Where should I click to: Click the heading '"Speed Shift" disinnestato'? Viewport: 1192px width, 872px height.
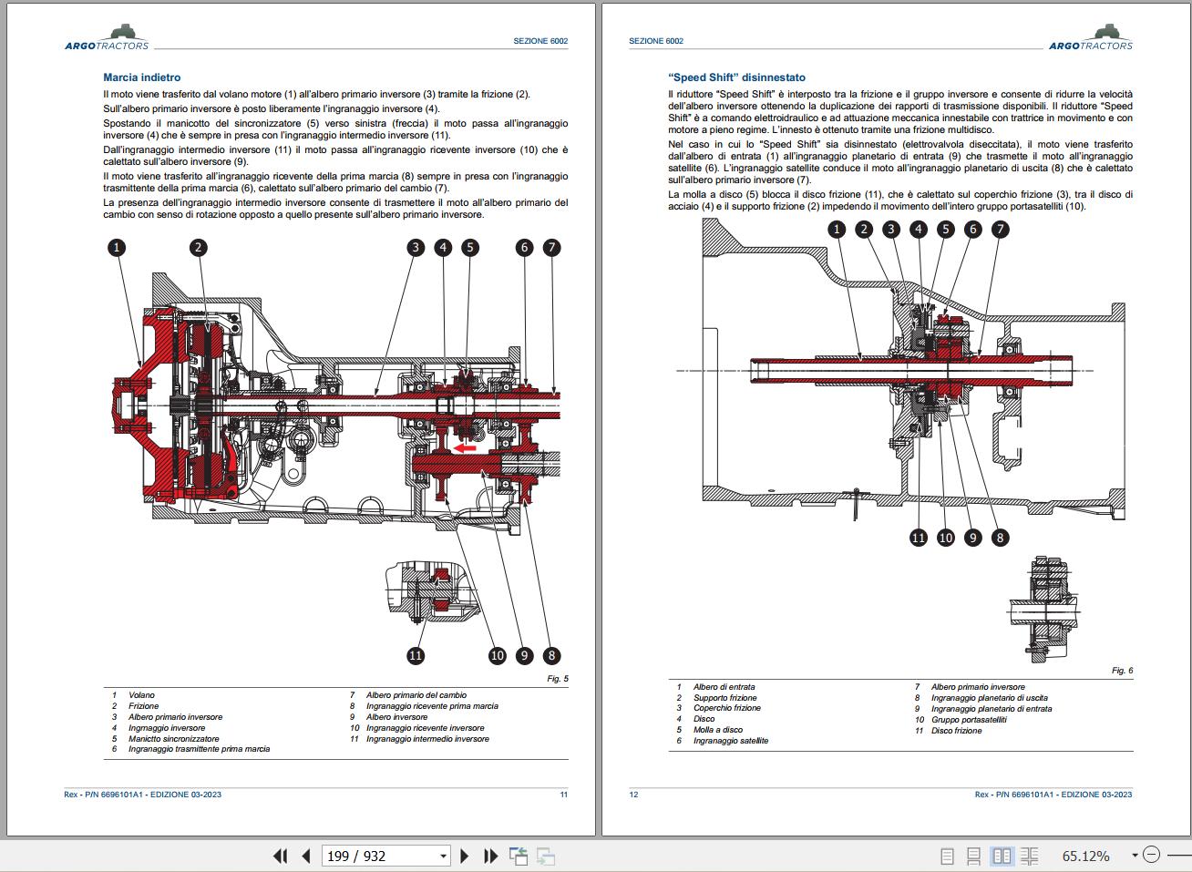tap(736, 77)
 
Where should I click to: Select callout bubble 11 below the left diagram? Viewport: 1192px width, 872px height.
tap(416, 654)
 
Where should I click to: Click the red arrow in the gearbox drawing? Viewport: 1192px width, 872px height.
tap(466, 447)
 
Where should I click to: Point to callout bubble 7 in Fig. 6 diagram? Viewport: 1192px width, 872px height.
tap(1000, 229)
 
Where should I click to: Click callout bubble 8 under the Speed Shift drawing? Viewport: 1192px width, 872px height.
tap(1000, 538)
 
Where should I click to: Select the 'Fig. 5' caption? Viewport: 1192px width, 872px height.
tap(558, 679)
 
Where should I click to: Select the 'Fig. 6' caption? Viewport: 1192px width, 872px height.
tap(1122, 671)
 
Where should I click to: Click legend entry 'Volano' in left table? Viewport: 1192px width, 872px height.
tap(141, 695)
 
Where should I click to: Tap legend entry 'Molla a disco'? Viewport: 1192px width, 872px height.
tap(717, 730)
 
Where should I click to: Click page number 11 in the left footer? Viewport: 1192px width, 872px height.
tap(563, 795)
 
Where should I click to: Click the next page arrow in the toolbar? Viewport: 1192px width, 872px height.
tap(465, 857)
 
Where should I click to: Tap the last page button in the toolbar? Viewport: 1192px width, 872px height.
tap(490, 857)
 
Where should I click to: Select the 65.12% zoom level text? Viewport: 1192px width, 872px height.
tap(1085, 857)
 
